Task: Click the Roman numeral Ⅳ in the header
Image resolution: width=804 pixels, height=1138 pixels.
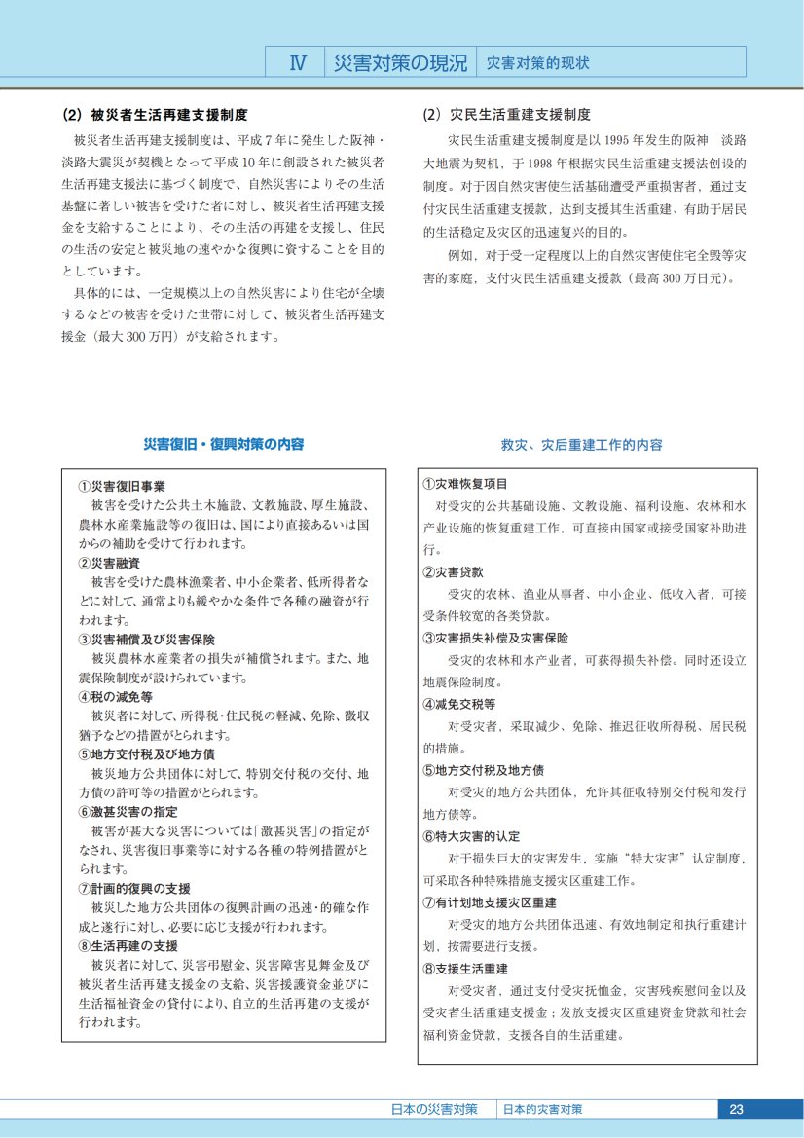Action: coord(298,63)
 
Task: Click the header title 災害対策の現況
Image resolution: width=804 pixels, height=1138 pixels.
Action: coord(400,63)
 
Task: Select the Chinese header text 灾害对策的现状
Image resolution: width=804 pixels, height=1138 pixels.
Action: coord(537,63)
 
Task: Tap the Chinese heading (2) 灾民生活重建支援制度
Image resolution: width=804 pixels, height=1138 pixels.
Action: coord(506,115)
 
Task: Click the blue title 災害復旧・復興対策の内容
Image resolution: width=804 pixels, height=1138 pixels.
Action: coord(224,444)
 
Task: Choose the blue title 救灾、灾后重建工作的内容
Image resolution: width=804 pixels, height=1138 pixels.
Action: coord(582,445)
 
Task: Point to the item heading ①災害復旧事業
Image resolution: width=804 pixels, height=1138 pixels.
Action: coord(122,487)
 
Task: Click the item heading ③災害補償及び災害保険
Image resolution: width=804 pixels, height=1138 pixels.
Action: coord(147,640)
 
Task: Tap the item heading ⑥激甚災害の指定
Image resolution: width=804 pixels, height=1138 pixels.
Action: coord(128,812)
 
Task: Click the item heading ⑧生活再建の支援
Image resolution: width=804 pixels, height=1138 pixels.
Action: coord(128,945)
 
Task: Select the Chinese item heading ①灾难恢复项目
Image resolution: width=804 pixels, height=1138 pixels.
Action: coord(465,484)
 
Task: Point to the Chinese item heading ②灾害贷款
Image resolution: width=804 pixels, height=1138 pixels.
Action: coord(453,571)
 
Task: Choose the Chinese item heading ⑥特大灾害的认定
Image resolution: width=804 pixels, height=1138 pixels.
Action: coord(472,836)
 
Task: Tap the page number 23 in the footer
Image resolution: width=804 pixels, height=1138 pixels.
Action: coord(736,1109)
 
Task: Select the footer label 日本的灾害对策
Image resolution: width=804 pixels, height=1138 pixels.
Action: coord(543,1109)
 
